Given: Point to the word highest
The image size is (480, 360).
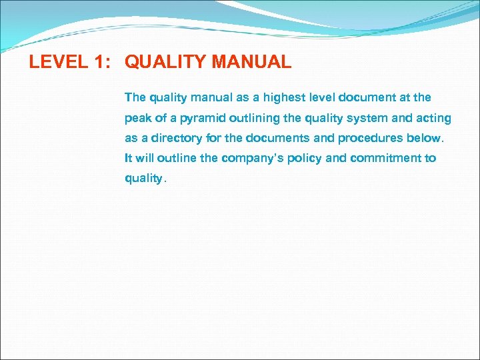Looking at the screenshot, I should click(x=285, y=97).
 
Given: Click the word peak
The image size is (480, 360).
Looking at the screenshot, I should click(x=137, y=118).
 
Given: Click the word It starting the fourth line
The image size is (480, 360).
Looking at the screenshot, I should click(x=128, y=158).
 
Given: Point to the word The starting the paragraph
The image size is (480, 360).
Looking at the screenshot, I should click(x=135, y=97).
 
